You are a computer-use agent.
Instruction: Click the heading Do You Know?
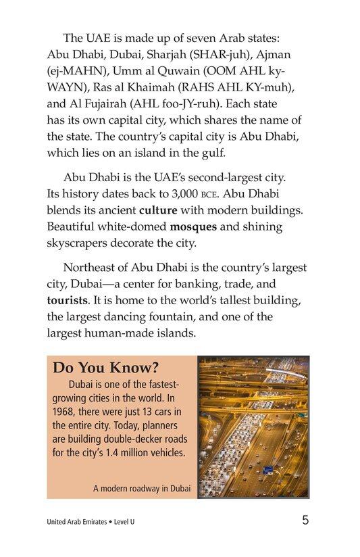pos(105,368)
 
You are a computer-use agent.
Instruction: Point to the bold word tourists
pos(72,298)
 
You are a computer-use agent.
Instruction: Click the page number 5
pos(305,520)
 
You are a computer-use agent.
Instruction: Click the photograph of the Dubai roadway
pos(253,428)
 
